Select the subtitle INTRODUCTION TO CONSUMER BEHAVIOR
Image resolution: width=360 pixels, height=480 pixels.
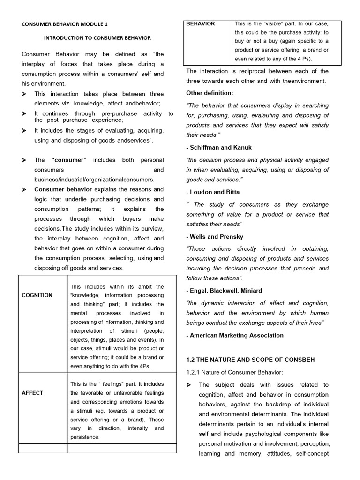pyautogui.click(x=97, y=37)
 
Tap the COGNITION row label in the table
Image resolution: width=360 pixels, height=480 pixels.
pyautogui.click(x=37, y=295)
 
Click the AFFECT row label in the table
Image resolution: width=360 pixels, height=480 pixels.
pyautogui.click(x=32, y=393)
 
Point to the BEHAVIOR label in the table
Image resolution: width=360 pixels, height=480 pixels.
pyautogui.click(x=201, y=23)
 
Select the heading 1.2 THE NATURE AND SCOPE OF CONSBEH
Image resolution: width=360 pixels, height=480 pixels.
pyautogui.click(x=250, y=360)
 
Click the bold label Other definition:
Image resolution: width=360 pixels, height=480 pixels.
pyautogui.click(x=209, y=92)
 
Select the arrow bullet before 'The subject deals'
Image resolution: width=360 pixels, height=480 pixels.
pyautogui.click(x=189, y=385)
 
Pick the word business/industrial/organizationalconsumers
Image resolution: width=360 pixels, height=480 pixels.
pyautogui.click(x=94, y=180)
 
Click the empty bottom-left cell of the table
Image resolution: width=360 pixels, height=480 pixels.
pyautogui.click(x=43, y=448)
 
